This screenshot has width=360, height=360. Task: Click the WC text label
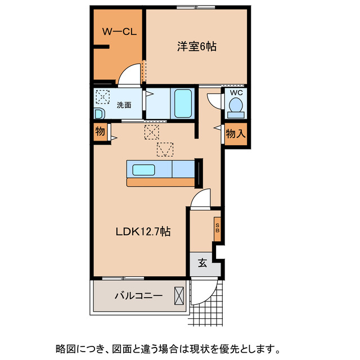(236, 93)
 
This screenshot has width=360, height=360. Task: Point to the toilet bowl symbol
(236, 105)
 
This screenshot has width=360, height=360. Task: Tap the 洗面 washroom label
(124, 105)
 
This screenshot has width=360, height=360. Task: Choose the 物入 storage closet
(235, 134)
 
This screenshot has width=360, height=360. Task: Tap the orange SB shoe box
(217, 228)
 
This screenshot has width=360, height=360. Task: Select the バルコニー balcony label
(138, 295)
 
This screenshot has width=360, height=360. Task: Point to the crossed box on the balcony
(179, 295)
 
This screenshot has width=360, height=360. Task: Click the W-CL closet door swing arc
(129, 76)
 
